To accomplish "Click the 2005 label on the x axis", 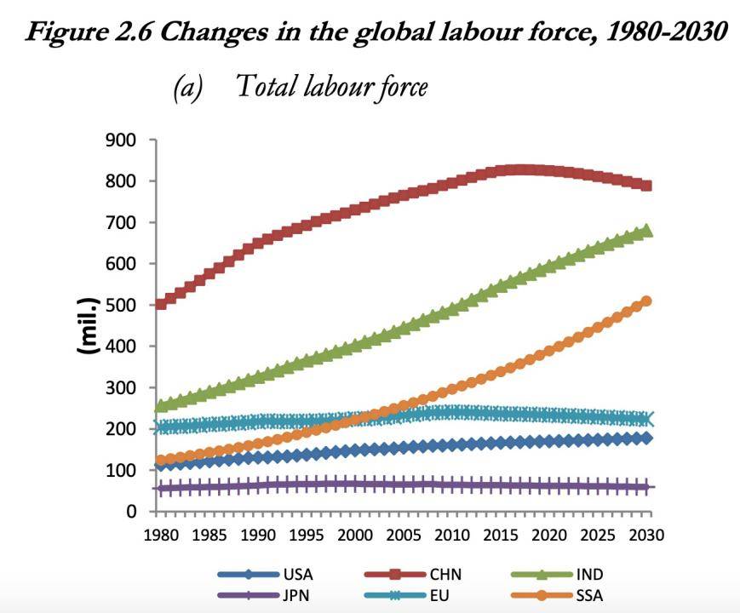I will point(401,536).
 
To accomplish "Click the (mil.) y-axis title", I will point(88,325).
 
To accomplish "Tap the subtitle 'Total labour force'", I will point(330,86).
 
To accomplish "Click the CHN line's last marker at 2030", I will point(646,186).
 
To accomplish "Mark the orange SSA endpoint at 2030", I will point(646,301).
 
